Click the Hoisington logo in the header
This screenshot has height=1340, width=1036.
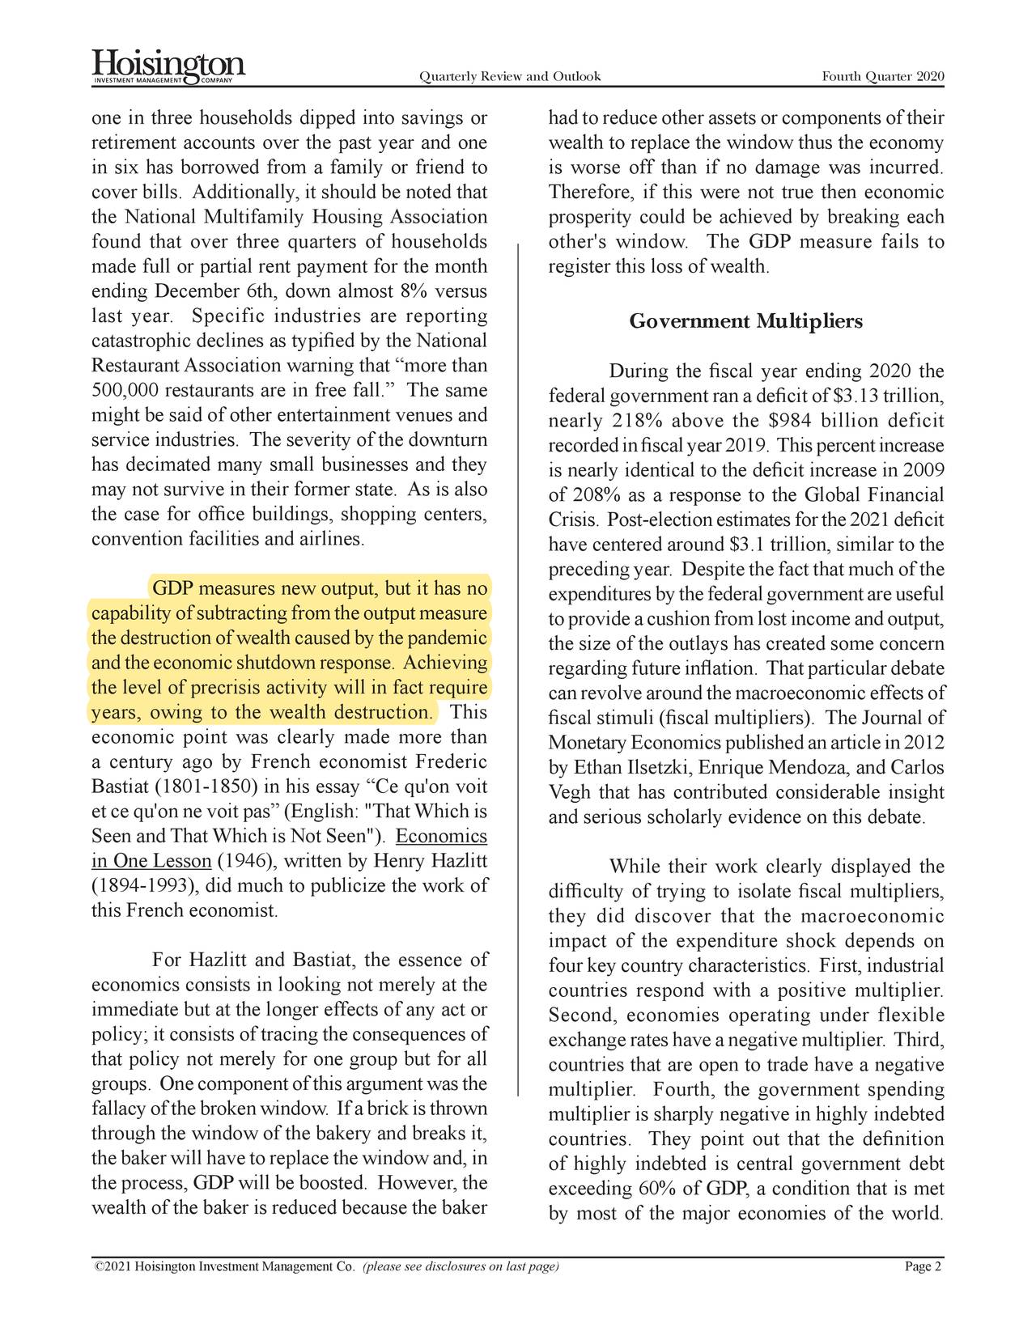click(168, 66)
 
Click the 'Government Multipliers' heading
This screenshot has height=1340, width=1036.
click(745, 322)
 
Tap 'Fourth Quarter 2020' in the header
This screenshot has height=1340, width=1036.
click(882, 77)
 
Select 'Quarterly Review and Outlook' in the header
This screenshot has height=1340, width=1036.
click(509, 77)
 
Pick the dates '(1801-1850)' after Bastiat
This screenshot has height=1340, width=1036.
click(206, 787)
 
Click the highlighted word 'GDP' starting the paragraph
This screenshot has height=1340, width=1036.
click(172, 588)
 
